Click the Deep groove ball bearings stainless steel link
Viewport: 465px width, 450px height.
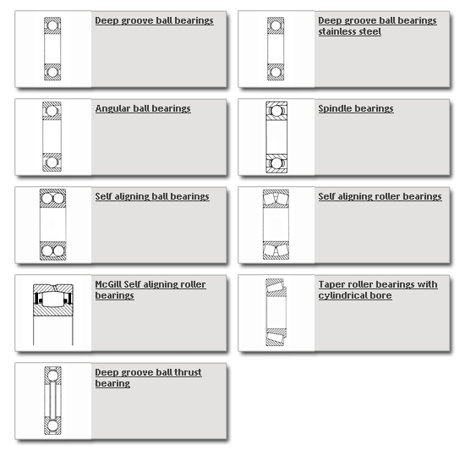(x=377, y=26)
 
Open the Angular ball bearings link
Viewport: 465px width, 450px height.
(x=143, y=108)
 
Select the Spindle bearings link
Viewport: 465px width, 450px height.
(x=356, y=108)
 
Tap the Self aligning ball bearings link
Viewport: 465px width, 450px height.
(x=152, y=196)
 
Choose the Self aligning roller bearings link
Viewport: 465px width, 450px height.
(x=380, y=196)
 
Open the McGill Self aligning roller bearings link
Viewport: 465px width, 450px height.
(x=150, y=290)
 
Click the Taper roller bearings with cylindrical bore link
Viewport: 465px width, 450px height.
(x=378, y=290)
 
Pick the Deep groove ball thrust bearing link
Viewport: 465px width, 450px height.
(x=148, y=377)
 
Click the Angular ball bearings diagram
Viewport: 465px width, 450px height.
(x=52, y=137)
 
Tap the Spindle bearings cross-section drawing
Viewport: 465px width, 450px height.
(x=276, y=137)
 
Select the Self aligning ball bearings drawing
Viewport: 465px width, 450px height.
(x=52, y=224)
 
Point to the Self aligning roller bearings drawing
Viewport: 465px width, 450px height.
(x=276, y=224)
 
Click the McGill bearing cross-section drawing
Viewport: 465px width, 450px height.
(x=53, y=315)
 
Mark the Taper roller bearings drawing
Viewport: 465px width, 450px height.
(x=276, y=312)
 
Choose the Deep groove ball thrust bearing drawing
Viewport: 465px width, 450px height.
(x=52, y=400)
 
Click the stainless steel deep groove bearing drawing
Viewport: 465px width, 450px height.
(x=276, y=49)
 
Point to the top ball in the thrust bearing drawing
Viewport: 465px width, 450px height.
(x=52, y=376)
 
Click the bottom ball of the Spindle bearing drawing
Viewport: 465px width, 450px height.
(x=276, y=163)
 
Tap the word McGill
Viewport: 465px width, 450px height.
(x=108, y=284)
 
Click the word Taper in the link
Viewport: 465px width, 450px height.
(x=330, y=285)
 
